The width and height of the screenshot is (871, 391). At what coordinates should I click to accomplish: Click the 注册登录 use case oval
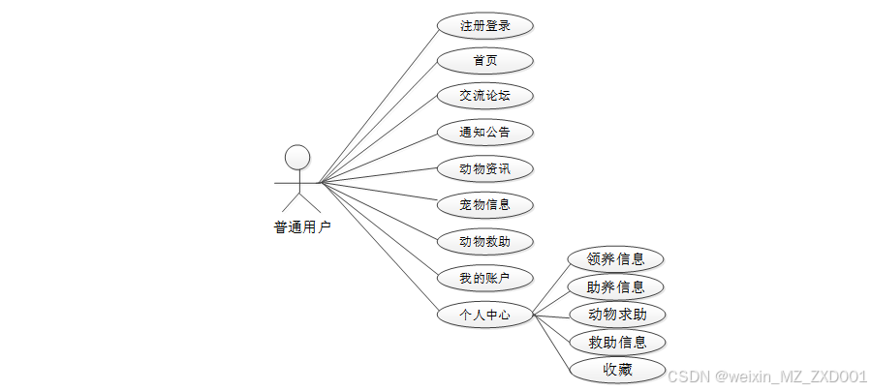tap(484, 25)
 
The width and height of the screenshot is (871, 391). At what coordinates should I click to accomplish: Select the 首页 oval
tap(484, 61)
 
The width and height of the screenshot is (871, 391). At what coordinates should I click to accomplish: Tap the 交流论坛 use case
tap(484, 96)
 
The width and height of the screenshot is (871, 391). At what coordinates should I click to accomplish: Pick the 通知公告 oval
tap(484, 132)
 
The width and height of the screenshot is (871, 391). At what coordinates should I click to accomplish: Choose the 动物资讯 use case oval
tap(484, 169)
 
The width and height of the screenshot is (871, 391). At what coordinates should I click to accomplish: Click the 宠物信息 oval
tap(484, 205)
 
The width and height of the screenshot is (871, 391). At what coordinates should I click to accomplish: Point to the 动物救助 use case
tap(484, 242)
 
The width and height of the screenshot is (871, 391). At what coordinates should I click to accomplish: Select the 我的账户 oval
tap(484, 279)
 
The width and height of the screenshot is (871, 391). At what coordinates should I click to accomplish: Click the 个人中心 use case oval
tap(484, 316)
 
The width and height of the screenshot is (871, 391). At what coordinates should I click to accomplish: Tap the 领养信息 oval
tap(616, 259)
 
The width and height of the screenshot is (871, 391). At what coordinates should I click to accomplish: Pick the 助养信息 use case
tap(616, 286)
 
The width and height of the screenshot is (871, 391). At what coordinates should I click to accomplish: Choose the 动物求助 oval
tap(616, 315)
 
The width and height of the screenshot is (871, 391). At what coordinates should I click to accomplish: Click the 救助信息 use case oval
tap(616, 342)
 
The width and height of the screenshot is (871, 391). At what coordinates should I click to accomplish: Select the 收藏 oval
tap(616, 370)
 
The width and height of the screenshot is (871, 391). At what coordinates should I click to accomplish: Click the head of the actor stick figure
tap(297, 158)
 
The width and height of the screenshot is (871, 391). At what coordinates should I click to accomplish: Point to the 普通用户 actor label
tap(301, 228)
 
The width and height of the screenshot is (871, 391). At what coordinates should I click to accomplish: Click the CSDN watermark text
tap(767, 376)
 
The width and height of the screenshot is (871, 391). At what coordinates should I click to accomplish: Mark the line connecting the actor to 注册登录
tap(378, 105)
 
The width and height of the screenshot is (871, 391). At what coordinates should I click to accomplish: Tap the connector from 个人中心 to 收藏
tap(551, 343)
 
